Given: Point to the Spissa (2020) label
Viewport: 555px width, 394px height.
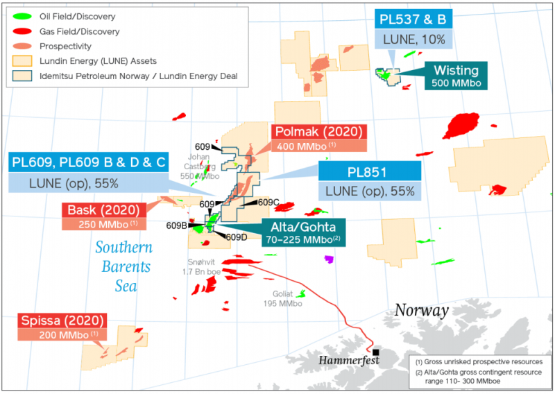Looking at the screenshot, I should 63,321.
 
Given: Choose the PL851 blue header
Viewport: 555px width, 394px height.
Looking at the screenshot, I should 368,171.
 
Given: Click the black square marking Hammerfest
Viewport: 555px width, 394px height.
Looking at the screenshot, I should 375,352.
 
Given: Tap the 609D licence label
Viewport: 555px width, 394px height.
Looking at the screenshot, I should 236,237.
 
